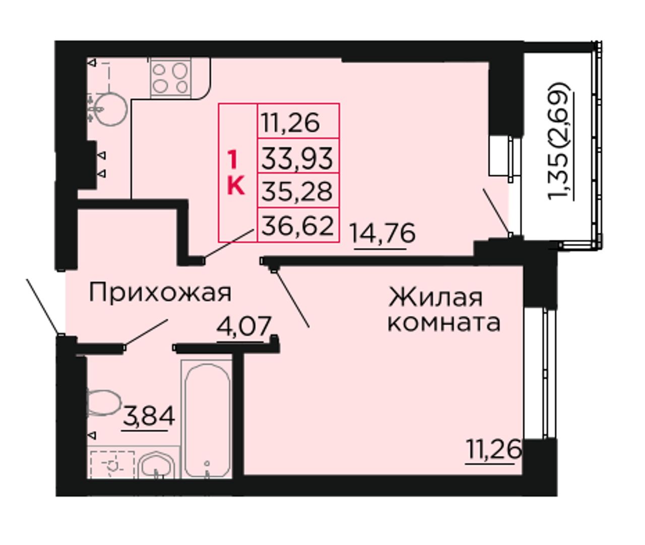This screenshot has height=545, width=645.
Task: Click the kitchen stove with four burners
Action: point(170,78)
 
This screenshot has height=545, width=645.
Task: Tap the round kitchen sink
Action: point(110,109)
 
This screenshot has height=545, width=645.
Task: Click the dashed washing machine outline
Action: point(112,465)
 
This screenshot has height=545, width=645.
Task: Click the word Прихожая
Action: point(160,293)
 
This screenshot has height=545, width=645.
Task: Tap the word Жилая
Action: point(435,298)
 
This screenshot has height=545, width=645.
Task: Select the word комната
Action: point(444,322)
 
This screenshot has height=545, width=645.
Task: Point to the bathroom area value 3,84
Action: point(149,417)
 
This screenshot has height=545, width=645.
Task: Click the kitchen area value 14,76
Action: point(383,233)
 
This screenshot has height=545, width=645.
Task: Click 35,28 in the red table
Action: point(297,191)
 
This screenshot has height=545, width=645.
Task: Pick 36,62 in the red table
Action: point(298,225)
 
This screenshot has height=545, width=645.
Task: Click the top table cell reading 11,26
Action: point(291,122)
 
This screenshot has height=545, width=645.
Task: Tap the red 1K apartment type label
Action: point(236,172)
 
